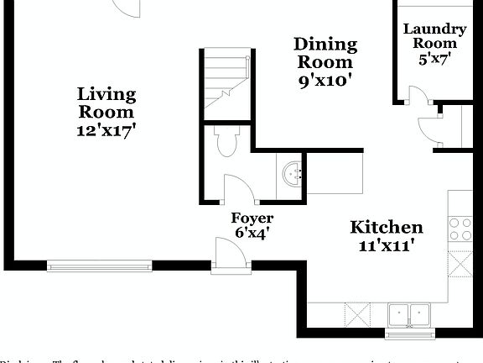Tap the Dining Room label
pos(326,53)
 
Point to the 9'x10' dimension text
pos(326,81)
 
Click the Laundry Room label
pos(434,35)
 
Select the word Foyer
pos(252,218)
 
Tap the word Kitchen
pos(386,227)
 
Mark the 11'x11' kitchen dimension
pos(386,245)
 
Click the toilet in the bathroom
pos(226,141)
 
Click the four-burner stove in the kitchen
pos(460,228)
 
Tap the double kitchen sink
pos(409,315)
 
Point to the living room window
pos(99,266)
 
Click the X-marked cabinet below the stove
pos(460,263)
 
